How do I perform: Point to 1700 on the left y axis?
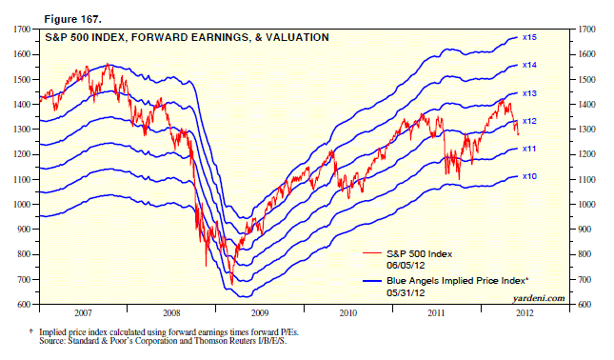point(27,30)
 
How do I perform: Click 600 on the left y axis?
point(29,304)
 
